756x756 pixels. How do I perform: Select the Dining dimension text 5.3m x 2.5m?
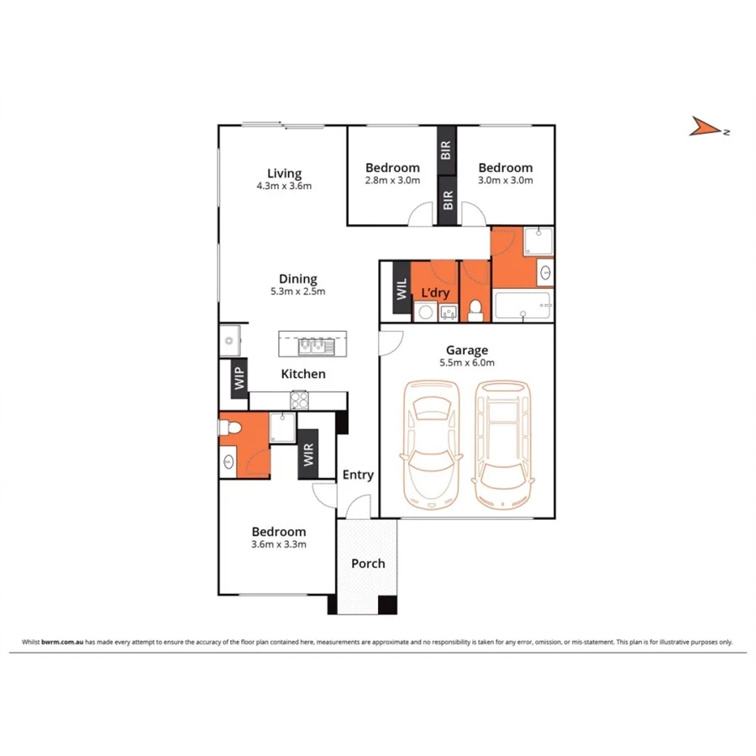[297, 292]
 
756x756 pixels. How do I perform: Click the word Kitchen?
[303, 374]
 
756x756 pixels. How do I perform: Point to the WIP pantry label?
[239, 379]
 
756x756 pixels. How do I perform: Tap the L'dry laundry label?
[435, 292]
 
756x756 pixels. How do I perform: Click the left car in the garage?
[430, 444]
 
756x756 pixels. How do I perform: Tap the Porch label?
[368, 563]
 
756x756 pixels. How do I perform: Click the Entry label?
[358, 475]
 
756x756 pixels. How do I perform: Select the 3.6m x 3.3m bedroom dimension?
[279, 544]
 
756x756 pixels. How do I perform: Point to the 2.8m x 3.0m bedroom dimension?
[392, 180]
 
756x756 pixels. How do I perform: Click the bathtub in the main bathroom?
[522, 306]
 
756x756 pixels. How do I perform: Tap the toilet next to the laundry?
[475, 311]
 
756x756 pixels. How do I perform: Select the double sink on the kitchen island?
[313, 345]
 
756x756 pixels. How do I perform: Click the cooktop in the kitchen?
[300, 401]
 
